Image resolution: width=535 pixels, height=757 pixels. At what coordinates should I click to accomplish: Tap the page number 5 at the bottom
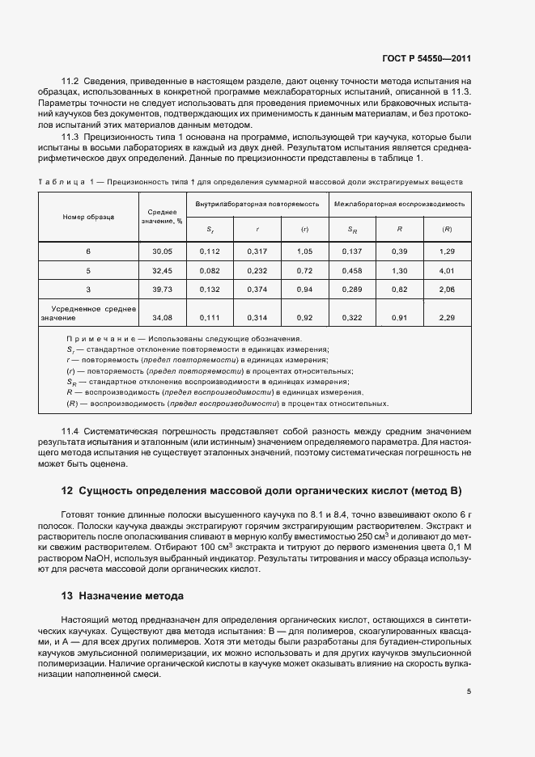(x=468, y=691)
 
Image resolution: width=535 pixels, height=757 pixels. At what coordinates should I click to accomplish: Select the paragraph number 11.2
(x=71, y=81)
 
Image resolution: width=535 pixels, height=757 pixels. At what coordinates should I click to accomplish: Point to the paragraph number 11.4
(x=71, y=432)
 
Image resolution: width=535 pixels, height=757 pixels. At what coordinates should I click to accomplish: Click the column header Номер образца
(x=89, y=217)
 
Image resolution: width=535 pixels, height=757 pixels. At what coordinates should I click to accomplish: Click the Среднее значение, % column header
(x=163, y=216)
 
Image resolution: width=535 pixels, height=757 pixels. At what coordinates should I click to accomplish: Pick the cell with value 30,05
(x=163, y=252)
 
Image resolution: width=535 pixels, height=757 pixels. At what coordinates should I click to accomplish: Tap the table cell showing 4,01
(x=446, y=270)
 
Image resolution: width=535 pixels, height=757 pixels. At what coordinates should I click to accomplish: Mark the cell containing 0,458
(x=352, y=270)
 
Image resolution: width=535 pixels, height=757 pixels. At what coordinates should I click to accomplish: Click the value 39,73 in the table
(x=163, y=289)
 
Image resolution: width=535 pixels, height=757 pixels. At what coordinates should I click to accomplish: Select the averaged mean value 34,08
(x=163, y=318)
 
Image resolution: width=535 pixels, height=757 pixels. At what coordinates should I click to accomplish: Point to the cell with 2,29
(x=446, y=318)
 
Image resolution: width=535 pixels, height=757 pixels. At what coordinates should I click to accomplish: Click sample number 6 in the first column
(x=89, y=252)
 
